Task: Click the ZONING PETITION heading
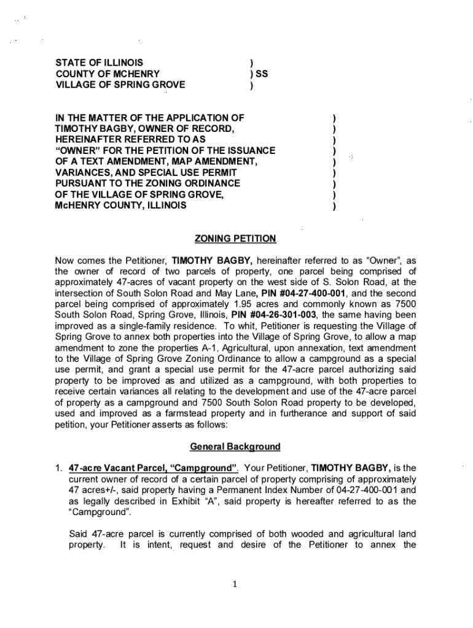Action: pos(235,239)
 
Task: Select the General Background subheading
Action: pos(235,446)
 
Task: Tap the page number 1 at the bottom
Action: pos(235,583)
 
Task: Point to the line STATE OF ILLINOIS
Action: pos(100,63)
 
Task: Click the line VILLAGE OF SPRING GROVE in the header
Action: pos(120,85)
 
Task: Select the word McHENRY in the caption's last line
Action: pos(76,205)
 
